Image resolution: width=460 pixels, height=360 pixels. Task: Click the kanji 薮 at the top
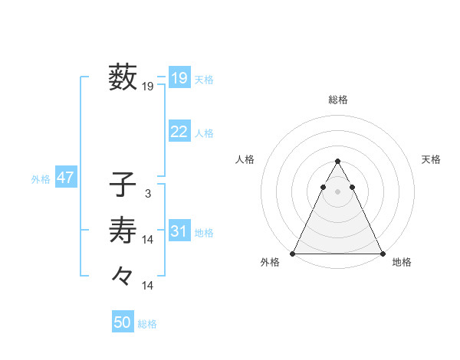[123, 77]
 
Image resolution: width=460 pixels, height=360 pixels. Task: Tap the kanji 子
[123, 185]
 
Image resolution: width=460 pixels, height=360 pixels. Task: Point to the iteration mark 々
[123, 274]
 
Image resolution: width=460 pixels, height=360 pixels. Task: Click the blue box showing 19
[179, 78]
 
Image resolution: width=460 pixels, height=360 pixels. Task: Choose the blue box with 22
[179, 132]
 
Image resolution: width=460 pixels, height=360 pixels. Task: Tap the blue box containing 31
[179, 231]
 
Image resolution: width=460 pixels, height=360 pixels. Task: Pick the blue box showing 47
[65, 178]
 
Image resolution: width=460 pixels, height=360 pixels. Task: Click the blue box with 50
[123, 322]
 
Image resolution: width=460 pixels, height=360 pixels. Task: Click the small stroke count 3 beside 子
[147, 195]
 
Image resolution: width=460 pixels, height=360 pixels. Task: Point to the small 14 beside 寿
[148, 240]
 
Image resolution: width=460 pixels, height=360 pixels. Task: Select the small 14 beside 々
[148, 286]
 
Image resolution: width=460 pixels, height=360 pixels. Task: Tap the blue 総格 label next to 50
[147, 324]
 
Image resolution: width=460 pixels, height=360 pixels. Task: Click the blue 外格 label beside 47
[41, 179]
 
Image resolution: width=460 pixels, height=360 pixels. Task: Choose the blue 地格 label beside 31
[204, 233]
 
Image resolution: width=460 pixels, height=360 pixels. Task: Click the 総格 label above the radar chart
[338, 100]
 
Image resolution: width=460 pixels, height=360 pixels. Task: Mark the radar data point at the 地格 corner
[382, 254]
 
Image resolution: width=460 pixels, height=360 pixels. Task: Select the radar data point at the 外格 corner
[293, 254]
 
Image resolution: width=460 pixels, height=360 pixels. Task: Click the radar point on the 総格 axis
[338, 162]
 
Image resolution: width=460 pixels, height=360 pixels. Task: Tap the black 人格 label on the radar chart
[245, 159]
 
